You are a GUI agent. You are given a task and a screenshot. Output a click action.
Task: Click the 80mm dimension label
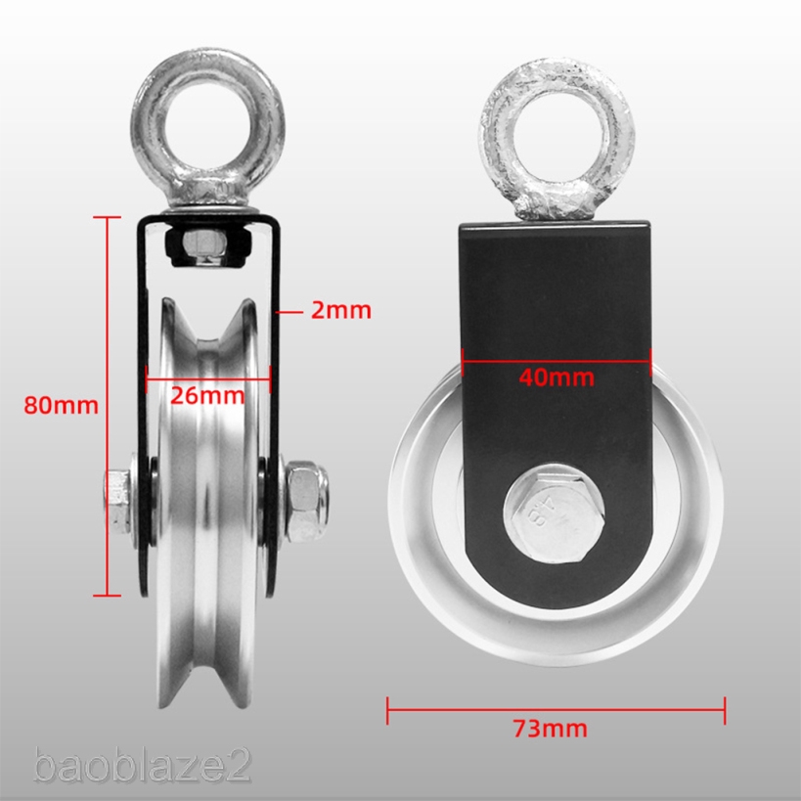(61, 404)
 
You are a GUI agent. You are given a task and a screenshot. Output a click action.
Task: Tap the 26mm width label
(208, 396)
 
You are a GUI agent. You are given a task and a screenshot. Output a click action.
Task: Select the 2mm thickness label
(340, 311)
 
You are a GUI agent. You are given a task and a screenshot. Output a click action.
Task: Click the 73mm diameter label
(555, 728)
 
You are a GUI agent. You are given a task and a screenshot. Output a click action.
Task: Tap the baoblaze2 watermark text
(142, 765)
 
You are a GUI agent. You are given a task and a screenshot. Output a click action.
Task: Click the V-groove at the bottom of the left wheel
(208, 675)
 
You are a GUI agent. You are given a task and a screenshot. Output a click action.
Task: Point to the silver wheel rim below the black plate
(556, 636)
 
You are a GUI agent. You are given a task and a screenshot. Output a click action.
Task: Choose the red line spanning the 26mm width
(207, 373)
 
